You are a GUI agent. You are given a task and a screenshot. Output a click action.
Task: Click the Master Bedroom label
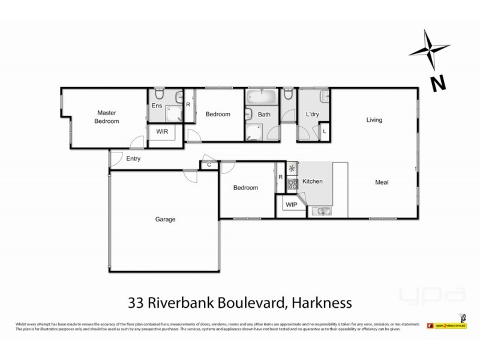coord(106,116)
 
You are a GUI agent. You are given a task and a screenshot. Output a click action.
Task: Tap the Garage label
coord(165,220)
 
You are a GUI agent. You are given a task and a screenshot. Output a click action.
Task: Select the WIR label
coord(162,131)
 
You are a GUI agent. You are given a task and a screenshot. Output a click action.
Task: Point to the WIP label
coord(292,204)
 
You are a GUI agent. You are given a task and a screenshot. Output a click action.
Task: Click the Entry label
coord(133,159)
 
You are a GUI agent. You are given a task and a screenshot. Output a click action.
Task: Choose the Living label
coord(374,120)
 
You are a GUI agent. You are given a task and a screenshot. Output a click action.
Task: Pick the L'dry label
coord(311,114)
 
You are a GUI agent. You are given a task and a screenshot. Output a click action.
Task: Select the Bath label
coord(264,114)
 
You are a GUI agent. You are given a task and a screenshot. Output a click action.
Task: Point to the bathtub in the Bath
coord(261,96)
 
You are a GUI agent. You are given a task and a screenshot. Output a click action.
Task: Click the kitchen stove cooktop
coord(293,184)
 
